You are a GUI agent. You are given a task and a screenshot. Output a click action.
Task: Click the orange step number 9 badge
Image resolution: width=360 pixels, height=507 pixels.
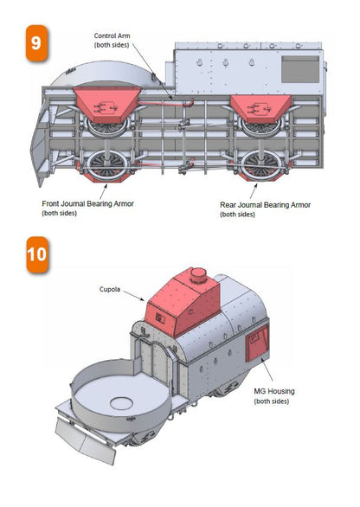pyautogui.click(x=36, y=43)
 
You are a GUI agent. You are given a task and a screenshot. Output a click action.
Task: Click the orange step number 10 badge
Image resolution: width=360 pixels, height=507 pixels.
pyautogui.click(x=37, y=254)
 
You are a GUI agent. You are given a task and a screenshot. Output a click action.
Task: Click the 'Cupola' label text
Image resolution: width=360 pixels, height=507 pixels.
pyautogui.click(x=110, y=289)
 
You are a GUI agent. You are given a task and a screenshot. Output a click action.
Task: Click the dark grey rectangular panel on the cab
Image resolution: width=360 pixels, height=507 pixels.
pyautogui.click(x=300, y=69)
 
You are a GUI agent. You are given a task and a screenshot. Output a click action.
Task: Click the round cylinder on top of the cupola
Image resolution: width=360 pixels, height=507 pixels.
pyautogui.click(x=198, y=276)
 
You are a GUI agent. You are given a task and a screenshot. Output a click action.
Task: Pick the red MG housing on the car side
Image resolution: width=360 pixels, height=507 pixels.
pyautogui.click(x=257, y=343)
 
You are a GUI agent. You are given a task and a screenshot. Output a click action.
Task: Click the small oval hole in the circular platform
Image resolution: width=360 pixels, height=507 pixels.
pyautogui.click(x=122, y=403)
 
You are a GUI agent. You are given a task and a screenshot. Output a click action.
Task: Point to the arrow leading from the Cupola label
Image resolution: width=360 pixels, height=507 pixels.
pyautogui.click(x=133, y=296)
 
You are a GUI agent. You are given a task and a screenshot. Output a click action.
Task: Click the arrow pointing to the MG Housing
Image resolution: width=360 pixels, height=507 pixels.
pyautogui.click(x=267, y=370)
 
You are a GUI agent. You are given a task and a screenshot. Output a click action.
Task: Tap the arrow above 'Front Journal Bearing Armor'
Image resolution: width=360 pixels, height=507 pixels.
pyautogui.click(x=104, y=191)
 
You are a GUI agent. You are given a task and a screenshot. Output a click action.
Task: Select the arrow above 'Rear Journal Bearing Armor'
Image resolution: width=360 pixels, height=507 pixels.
pyautogui.click(x=254, y=191)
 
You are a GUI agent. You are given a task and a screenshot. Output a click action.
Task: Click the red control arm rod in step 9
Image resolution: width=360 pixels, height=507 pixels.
pyautogui.click(x=166, y=103)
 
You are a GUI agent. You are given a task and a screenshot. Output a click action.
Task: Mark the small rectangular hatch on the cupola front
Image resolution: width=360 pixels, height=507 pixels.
pyautogui.click(x=160, y=318)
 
